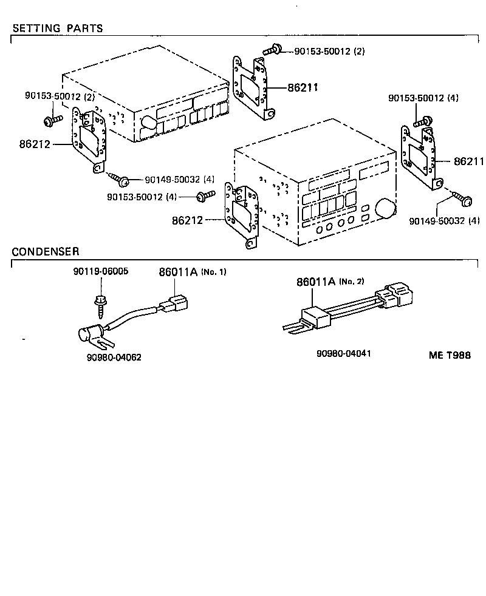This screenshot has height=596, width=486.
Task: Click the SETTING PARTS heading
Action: pos(58,29)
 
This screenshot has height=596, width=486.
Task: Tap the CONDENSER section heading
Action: pos(46,251)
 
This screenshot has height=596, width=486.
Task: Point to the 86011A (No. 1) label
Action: pos(192,272)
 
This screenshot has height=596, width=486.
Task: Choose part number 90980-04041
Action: pos(344,353)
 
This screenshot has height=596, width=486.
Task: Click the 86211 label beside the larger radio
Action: pos(468,161)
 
